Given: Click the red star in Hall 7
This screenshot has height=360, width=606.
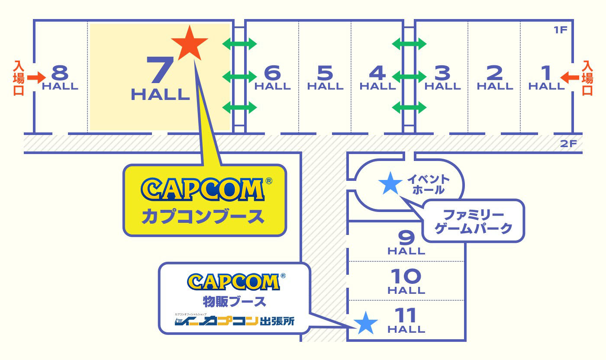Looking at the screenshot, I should coord(190,43).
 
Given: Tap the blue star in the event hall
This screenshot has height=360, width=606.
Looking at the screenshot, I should coord(390,183).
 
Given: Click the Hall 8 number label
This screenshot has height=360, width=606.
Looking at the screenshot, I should coord(60,72).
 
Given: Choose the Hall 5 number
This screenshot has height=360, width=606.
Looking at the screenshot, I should coord(325,72).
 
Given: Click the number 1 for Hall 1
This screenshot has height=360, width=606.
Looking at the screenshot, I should coord(546,72).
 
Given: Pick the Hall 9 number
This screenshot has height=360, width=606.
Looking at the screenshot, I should coord(406,237).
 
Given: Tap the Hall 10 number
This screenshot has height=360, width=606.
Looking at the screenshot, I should coord(406,276).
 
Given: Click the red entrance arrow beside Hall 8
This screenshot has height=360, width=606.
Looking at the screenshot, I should coord(36,77).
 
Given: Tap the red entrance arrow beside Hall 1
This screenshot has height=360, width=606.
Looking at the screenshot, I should coord(570,77).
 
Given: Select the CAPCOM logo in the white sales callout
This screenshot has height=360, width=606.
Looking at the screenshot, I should coord(233,282).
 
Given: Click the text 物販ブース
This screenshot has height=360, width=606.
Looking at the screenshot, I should coord(234,300).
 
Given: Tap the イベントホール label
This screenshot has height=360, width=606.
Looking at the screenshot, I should coord(429,184).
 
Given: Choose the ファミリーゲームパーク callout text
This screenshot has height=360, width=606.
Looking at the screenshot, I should coord(474,221).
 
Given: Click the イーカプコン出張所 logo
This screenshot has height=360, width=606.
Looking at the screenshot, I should coord(234,321).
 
